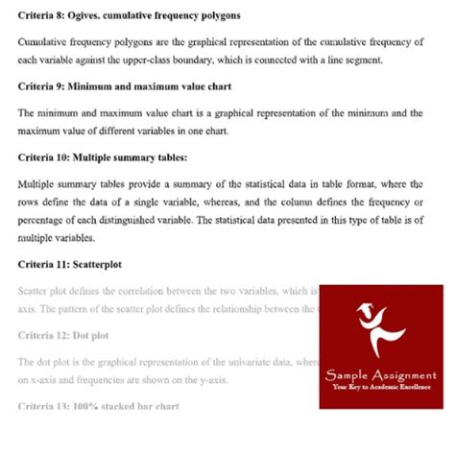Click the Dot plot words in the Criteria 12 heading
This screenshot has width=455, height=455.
90,335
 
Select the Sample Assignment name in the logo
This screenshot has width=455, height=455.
381,374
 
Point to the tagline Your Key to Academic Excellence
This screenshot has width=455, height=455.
381,387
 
